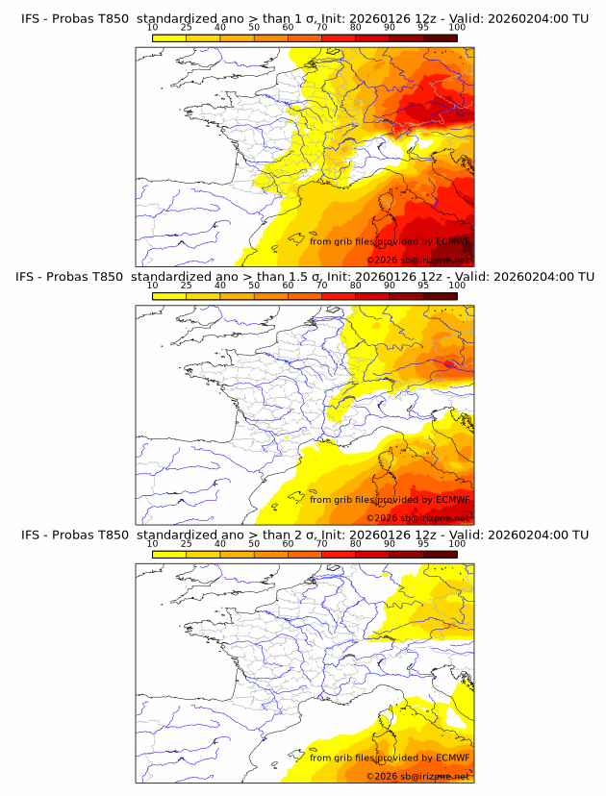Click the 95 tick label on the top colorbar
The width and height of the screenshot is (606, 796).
[423, 27]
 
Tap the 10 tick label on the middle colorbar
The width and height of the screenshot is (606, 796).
[152, 286]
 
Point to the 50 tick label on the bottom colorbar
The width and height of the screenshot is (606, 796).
[254, 544]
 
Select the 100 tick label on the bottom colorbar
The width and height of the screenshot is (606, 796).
[457, 544]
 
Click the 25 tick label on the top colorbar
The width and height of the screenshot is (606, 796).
[186, 27]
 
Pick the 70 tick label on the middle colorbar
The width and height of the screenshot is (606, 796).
[321, 286]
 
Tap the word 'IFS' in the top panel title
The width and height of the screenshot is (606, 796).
[31, 18]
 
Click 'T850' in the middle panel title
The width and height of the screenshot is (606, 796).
[112, 277]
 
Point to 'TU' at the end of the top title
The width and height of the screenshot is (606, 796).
[580, 18]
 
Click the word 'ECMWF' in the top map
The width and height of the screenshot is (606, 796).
[452, 241]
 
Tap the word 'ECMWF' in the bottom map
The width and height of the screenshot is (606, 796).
[452, 759]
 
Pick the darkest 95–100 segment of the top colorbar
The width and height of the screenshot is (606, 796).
[440, 37]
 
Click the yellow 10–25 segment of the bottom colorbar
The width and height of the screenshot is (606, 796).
[169, 554]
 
